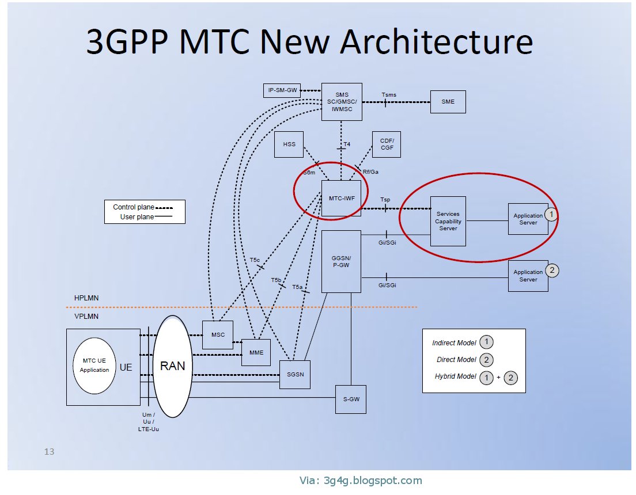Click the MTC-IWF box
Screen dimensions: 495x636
(341, 199)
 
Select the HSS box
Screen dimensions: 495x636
(289, 144)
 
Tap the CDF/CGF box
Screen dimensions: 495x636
(386, 144)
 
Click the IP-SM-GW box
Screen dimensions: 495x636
(283, 90)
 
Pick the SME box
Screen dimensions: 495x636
(448, 102)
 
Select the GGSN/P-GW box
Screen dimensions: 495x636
(341, 261)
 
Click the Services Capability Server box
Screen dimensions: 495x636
(448, 221)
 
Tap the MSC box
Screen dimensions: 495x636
(218, 335)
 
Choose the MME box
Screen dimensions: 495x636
(256, 352)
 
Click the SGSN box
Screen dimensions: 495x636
(294, 374)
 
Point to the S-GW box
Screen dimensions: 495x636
(350, 399)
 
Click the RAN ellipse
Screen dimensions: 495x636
(172, 366)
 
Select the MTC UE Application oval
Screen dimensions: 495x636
(94, 365)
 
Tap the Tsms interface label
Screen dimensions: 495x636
(389, 95)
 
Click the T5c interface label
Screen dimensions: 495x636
(255, 260)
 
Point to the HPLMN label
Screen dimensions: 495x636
(86, 298)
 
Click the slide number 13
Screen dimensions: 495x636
(50, 452)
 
